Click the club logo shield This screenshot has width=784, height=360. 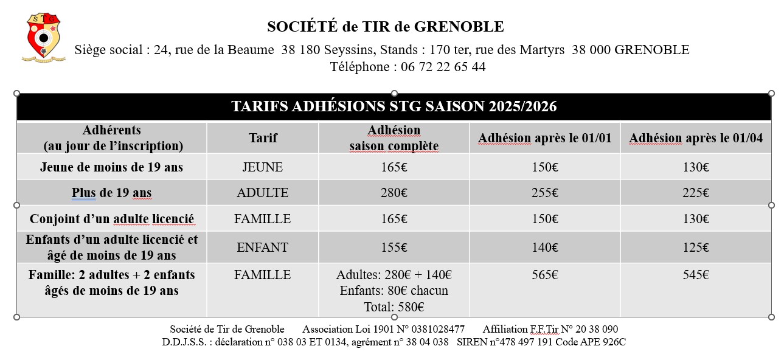point(41,38)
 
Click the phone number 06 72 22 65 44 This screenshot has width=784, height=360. point(440,67)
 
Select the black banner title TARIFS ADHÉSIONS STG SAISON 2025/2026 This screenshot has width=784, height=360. point(394,107)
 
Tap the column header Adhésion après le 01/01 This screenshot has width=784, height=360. point(544,138)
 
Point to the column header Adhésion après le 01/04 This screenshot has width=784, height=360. point(695,138)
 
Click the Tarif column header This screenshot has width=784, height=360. point(263,138)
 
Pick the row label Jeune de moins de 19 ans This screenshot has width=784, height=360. point(111,167)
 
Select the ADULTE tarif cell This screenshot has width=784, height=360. point(263,193)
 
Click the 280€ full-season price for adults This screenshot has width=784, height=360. point(394,193)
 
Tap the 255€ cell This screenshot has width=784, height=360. point(544,193)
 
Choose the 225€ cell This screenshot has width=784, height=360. point(695,193)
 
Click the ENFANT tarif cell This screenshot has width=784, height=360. point(263,247)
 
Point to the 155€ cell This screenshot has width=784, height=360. point(394,247)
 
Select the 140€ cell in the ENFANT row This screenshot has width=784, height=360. point(544,247)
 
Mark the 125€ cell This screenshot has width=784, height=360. point(695,247)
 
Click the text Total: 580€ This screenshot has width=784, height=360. point(394,307)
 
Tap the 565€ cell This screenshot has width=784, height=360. point(544,275)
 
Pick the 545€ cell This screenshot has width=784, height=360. point(695,275)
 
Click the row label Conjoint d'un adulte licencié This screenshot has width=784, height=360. point(111,219)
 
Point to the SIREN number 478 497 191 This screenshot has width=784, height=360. point(516,342)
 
